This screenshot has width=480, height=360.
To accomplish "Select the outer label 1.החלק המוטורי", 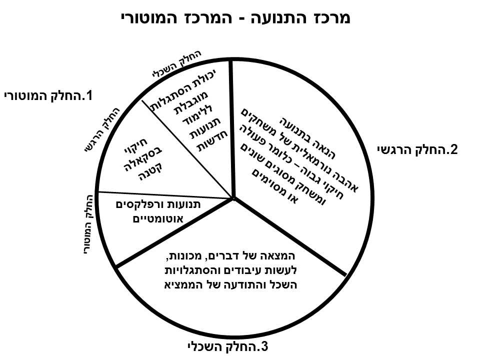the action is click(48, 96).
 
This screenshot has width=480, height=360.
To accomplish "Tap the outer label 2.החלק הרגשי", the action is click(417, 149).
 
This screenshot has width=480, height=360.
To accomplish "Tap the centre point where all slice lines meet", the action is click(233, 198).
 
